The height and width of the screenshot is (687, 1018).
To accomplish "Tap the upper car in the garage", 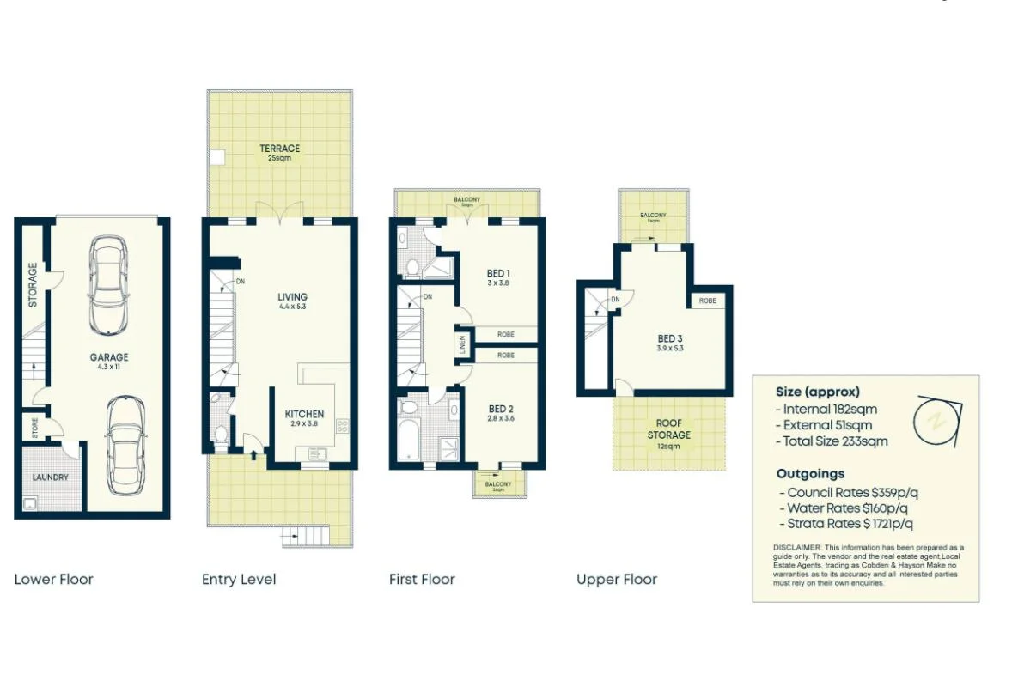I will coord(109,285).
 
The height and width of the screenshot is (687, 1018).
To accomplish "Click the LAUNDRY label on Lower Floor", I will coord(50,477).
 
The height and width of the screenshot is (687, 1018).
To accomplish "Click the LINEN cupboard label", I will coord(463,344).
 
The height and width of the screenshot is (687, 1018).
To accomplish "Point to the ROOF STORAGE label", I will coord(668,429).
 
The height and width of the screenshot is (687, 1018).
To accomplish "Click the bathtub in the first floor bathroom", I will coord(409,438).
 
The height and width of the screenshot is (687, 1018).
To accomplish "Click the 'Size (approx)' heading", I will coord(817,392).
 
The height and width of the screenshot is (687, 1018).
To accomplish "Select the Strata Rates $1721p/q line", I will coord(844,523).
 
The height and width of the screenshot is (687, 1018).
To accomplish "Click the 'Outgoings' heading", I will coord(810,473).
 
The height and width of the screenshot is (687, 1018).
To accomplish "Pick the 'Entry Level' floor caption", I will coord(239,580).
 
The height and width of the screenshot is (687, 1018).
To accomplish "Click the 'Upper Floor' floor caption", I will coord(617,580).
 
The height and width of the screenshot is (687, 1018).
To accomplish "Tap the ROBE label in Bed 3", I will coord(708,301).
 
